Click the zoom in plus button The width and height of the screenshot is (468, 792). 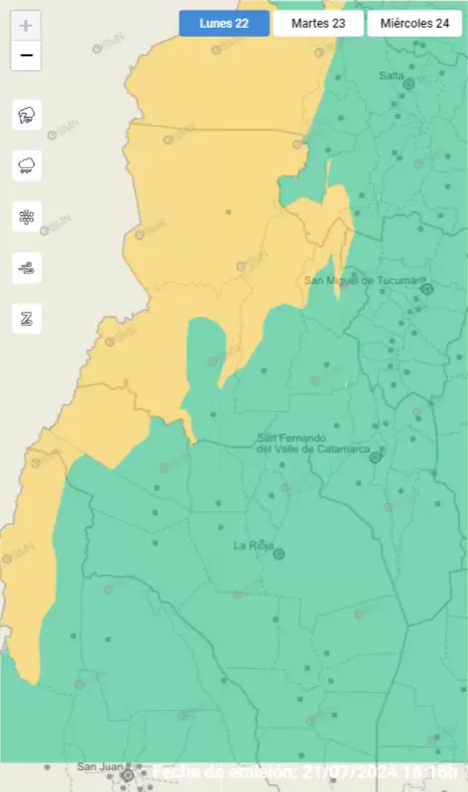(x=26, y=26)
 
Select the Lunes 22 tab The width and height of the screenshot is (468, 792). (x=224, y=23)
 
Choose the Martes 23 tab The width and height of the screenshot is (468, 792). (x=318, y=23)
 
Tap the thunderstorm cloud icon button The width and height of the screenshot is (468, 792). (x=26, y=115)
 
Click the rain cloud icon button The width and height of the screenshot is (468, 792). (x=26, y=165)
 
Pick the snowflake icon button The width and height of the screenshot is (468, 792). (x=26, y=216)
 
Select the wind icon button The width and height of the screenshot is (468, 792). (x=26, y=266)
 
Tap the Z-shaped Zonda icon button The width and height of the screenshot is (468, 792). (x=26, y=318)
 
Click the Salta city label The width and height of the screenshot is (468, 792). (x=392, y=75)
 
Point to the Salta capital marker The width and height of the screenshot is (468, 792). (x=408, y=85)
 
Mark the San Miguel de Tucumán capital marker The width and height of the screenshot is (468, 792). (x=427, y=289)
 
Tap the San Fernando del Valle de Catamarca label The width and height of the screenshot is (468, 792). (x=313, y=444)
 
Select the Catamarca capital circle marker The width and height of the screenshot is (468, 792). (x=375, y=457)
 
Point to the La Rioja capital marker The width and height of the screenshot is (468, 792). (x=279, y=554)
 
